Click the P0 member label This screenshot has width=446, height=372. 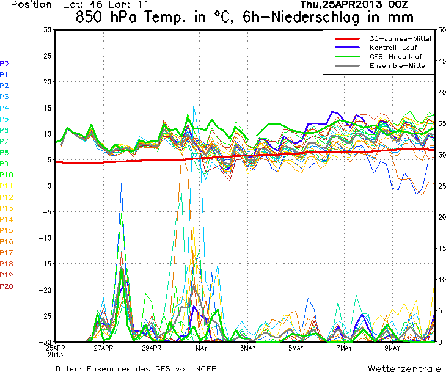click(4, 64)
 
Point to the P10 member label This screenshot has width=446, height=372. click(6, 175)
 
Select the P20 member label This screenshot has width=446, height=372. click(6, 286)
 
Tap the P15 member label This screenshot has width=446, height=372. click(6, 231)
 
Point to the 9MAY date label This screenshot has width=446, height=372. click(392, 348)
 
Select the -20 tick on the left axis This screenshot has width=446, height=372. click(45, 290)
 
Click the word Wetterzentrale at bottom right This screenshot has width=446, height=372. click(404, 368)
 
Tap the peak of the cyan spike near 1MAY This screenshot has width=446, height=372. click(194, 106)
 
